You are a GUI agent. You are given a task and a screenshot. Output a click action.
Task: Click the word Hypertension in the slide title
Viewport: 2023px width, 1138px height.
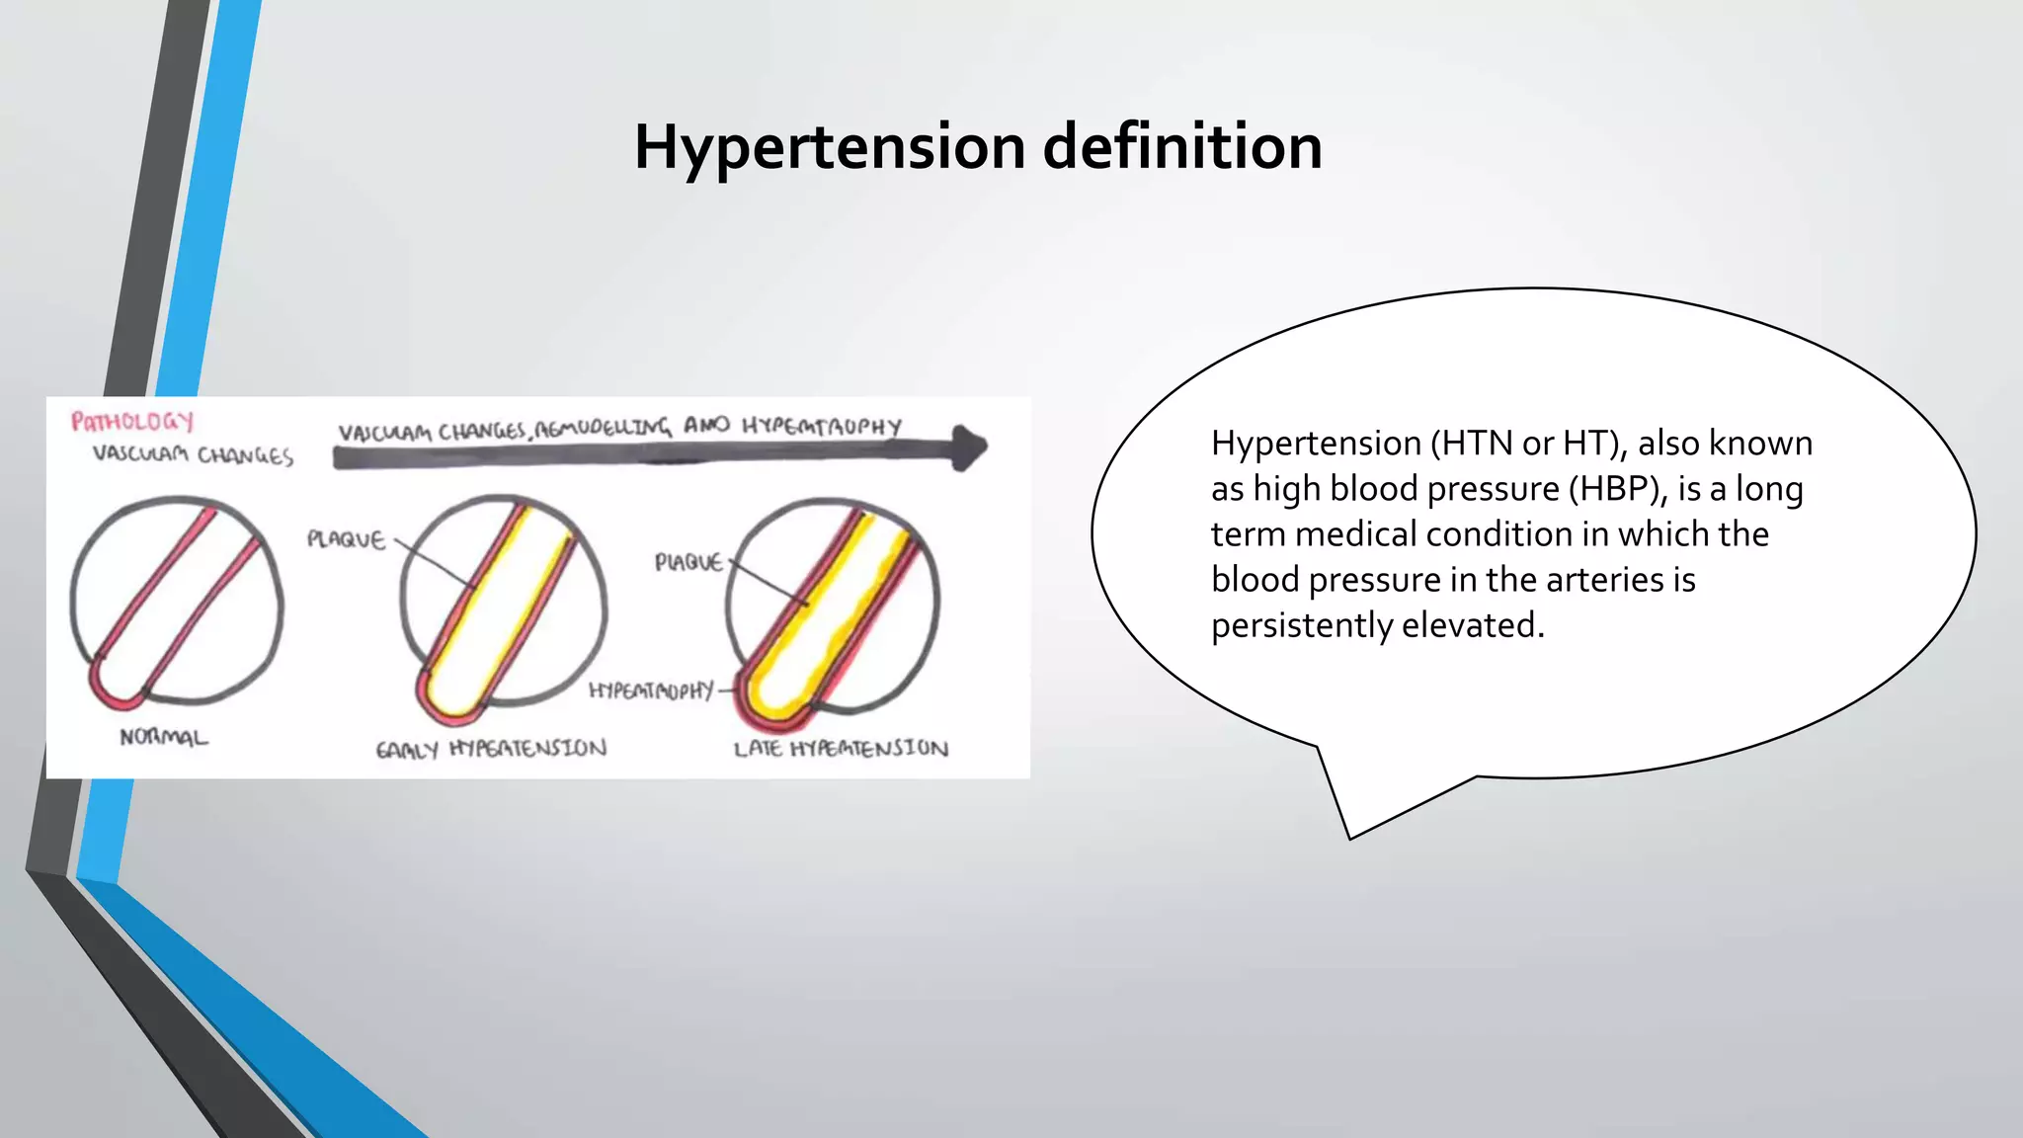[x=830, y=147]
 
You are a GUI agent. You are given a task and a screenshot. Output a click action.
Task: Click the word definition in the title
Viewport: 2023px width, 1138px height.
[x=1182, y=147]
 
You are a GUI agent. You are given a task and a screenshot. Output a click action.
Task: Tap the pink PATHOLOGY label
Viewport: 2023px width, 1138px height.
[x=132, y=422]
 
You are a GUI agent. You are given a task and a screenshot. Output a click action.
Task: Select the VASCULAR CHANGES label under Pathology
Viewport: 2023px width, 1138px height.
[x=193, y=454]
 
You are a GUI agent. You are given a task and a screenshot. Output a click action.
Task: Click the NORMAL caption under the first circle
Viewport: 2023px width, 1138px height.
[x=164, y=737]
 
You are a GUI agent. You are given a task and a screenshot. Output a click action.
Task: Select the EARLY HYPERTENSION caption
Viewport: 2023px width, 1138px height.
[x=491, y=749]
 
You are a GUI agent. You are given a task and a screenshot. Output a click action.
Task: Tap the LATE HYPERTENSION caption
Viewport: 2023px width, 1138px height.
[x=841, y=749]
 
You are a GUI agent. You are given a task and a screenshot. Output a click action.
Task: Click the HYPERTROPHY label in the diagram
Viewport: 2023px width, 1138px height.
[x=651, y=690]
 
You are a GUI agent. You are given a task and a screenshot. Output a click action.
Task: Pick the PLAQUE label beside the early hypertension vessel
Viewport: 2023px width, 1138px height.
[x=346, y=539]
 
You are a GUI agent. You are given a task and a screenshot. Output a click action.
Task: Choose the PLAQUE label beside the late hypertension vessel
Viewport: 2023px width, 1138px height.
[x=688, y=562]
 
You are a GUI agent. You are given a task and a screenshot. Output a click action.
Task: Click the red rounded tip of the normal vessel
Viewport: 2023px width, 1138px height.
[x=109, y=691]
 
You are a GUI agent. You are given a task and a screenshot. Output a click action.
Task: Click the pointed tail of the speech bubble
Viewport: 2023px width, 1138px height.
[x=1349, y=836]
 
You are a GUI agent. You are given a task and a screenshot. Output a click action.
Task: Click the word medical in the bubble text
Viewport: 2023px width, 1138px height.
[x=1364, y=534]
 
